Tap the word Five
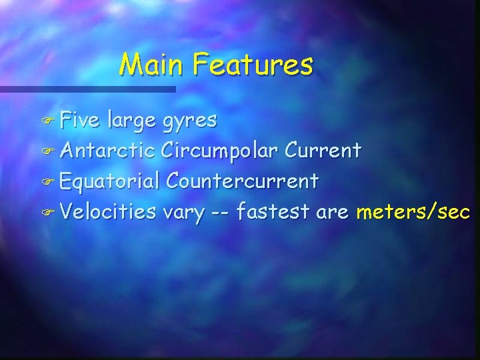80,120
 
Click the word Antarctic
107,151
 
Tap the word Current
324,151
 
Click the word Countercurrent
243,181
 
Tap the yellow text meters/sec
413,212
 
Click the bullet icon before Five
50,121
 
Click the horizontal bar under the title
87,89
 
